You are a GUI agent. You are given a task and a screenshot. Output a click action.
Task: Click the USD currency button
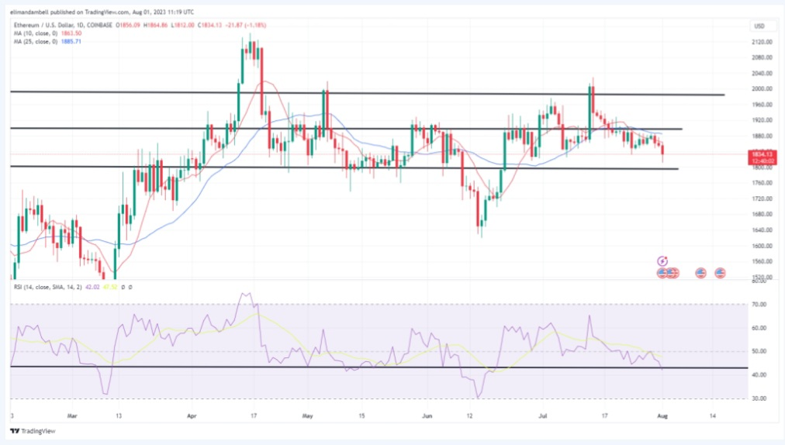click(x=759, y=26)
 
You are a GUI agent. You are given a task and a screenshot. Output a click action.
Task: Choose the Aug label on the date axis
click(x=662, y=416)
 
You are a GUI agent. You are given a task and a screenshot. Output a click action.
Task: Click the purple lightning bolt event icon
click(x=662, y=261)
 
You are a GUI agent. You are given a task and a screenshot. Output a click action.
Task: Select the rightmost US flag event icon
click(x=720, y=273)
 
